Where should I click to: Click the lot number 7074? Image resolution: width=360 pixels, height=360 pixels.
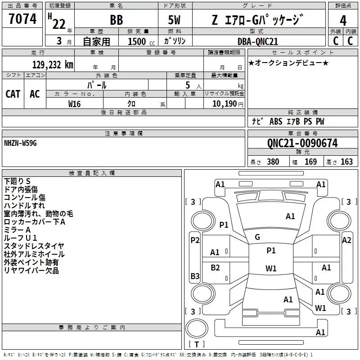(22, 19)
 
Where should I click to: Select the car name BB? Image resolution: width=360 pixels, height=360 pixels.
(117, 20)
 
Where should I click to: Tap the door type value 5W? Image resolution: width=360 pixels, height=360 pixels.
(174, 20)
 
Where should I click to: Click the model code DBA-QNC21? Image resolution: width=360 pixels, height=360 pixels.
(257, 41)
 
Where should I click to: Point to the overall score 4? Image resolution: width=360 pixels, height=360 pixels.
(343, 21)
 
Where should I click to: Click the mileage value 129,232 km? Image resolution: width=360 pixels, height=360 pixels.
(53, 65)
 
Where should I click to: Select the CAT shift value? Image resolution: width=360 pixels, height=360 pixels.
(13, 94)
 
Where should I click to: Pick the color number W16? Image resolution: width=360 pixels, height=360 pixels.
(74, 104)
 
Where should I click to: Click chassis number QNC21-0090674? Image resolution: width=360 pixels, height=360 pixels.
(302, 143)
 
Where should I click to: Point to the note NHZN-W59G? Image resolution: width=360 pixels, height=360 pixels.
(20, 143)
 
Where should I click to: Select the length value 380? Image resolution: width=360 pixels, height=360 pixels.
(273, 162)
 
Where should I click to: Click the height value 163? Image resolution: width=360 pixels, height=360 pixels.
(346, 162)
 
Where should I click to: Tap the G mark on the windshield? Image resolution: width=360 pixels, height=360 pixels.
(257, 237)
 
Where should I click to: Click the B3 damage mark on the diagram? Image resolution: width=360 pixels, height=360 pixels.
(195, 276)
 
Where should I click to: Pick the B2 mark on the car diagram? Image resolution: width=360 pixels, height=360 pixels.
(215, 267)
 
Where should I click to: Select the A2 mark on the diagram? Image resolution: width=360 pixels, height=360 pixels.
(346, 240)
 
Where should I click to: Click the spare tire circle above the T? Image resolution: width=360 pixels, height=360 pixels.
(197, 328)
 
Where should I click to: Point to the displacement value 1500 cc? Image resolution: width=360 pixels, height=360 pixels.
(141, 41)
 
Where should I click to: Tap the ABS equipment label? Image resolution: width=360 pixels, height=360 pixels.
(276, 121)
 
